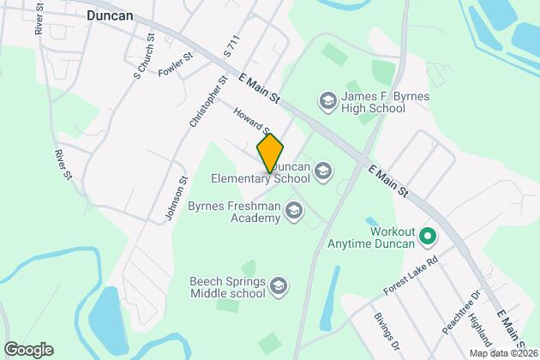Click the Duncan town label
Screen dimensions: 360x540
click(x=112, y=15)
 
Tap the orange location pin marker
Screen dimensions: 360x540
click(x=270, y=153)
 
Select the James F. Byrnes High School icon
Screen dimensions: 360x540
click(x=327, y=102)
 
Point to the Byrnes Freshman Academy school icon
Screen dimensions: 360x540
click(x=294, y=211)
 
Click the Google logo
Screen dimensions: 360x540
click(x=27, y=349)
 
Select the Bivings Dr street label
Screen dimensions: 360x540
click(x=386, y=330)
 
